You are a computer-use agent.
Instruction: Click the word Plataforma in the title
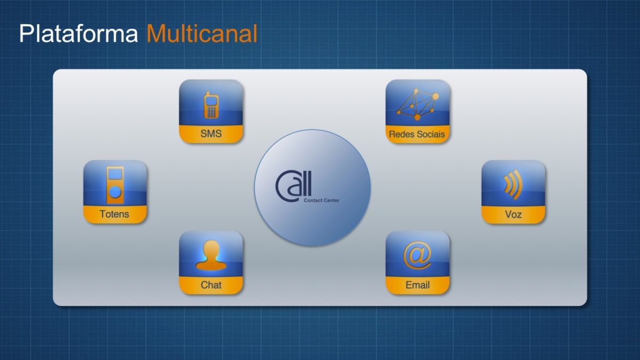pos(78,34)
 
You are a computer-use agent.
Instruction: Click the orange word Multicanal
pos(202,34)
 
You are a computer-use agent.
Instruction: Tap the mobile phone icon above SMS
pos(211,105)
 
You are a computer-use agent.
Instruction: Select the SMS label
pos(211,133)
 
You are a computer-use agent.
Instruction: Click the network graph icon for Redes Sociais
pos(418,105)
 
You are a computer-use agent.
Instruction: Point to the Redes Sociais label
pos(417,134)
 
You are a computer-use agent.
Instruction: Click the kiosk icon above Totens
pos(115,185)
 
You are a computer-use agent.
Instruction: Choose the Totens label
pos(114,214)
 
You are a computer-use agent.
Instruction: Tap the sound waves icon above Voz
pos(513,185)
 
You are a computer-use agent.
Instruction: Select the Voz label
pos(513,214)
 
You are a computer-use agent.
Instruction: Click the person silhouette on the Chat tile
pos(211,255)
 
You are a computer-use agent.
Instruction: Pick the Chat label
pos(211,285)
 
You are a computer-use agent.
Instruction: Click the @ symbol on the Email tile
pos(418,255)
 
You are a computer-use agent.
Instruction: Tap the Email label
pos(418,285)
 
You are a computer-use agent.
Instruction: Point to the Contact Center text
pos(322,201)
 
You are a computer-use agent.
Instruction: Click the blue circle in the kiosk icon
pos(115,191)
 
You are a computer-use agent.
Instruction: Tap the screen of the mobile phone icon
pos(211,101)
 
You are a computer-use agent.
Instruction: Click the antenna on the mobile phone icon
pos(208,93)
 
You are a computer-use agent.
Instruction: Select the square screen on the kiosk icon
pos(115,174)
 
